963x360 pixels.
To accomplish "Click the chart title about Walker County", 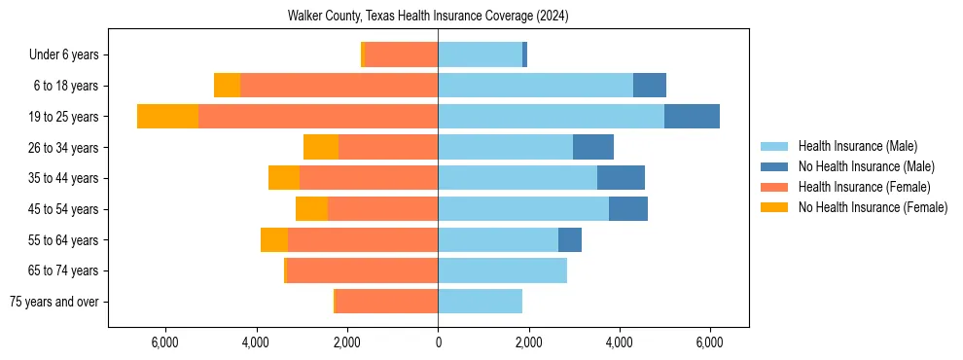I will (428, 17).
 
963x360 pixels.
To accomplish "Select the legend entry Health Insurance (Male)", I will (856, 146).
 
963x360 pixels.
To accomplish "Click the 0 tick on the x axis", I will (438, 342).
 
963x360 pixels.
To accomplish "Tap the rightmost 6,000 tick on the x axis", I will (709, 342).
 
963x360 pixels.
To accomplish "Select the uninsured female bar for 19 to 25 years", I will (167, 117).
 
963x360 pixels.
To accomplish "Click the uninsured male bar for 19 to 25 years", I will (692, 117).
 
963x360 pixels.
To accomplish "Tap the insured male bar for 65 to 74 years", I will (502, 270).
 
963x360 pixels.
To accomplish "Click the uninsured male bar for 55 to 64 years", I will (570, 239).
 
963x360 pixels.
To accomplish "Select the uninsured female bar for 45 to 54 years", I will (311, 209).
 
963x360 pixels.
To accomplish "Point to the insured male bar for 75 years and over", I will (480, 302).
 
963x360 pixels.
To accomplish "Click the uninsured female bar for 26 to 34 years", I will (321, 147).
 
